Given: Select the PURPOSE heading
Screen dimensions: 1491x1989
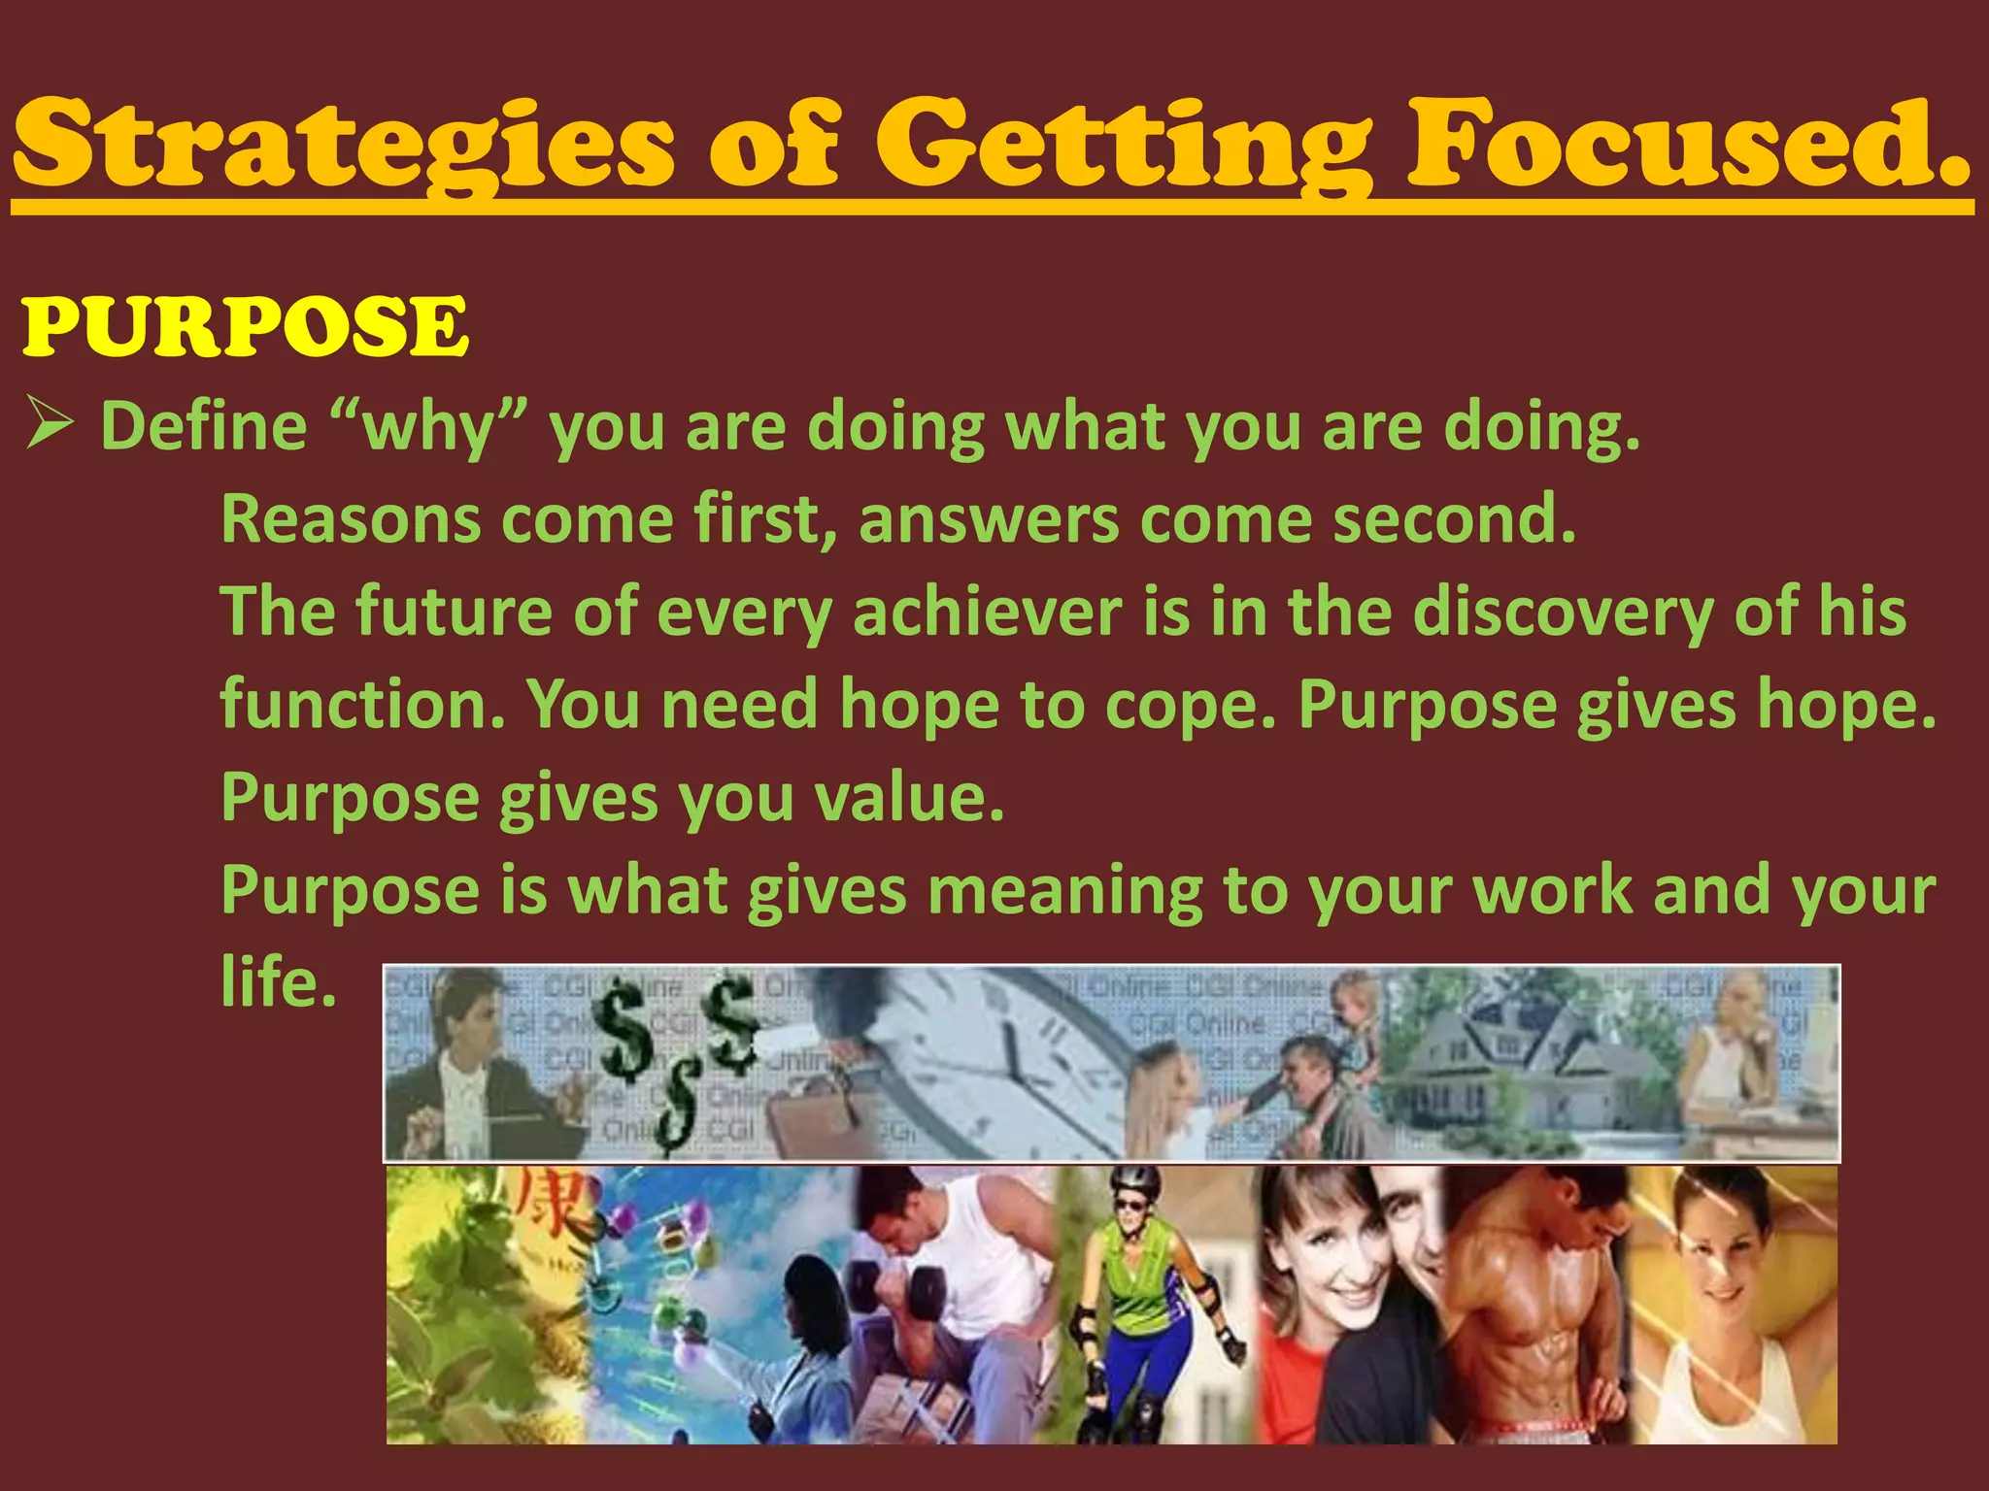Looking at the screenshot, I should click(x=245, y=326).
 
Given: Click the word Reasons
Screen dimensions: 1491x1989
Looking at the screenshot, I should click(x=350, y=518).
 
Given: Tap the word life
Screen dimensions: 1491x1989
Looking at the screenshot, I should click(x=279, y=981).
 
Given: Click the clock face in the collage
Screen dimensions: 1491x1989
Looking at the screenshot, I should click(x=1000, y=1058).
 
